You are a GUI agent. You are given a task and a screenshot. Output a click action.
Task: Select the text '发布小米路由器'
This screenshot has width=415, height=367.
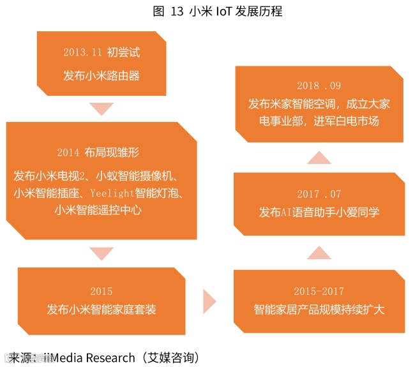click(x=102, y=76)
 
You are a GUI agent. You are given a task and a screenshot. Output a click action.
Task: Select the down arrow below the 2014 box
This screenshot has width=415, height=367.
click(x=101, y=253)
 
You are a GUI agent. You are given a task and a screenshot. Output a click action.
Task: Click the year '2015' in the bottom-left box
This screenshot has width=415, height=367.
click(x=101, y=291)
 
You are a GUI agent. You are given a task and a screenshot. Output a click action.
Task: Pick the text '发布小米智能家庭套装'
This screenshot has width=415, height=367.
click(x=101, y=310)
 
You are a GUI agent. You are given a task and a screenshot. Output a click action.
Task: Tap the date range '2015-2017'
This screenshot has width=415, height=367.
click(x=319, y=291)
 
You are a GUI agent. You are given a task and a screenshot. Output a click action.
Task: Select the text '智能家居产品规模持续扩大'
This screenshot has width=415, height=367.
click(x=319, y=310)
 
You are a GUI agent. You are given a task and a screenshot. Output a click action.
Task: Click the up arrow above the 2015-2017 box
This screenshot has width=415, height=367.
click(x=319, y=253)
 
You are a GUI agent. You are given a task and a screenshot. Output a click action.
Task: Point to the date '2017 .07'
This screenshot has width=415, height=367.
click(x=319, y=193)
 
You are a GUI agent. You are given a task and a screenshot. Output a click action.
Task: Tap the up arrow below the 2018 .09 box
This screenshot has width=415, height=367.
click(x=319, y=156)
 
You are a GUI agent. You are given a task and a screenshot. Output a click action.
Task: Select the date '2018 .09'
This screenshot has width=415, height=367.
click(x=319, y=86)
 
